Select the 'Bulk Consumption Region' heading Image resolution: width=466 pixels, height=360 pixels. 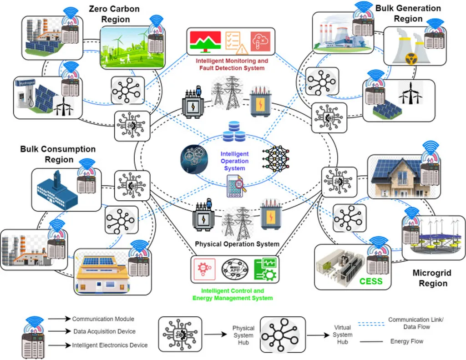(x=58, y=154)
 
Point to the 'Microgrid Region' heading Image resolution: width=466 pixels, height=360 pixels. (x=431, y=278)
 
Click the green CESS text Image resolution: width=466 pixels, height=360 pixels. (x=371, y=281)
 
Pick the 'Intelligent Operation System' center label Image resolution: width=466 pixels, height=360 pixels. (x=234, y=161)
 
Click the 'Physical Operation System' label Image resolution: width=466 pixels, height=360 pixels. (x=237, y=244)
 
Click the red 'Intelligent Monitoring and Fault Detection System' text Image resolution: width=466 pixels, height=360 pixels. (x=232, y=64)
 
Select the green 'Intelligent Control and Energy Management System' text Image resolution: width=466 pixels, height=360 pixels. (x=233, y=294)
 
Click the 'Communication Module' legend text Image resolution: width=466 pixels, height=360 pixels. (x=103, y=319)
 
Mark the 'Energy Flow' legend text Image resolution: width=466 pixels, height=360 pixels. (x=406, y=341)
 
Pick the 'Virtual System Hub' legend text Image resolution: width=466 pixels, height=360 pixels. (x=342, y=335)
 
